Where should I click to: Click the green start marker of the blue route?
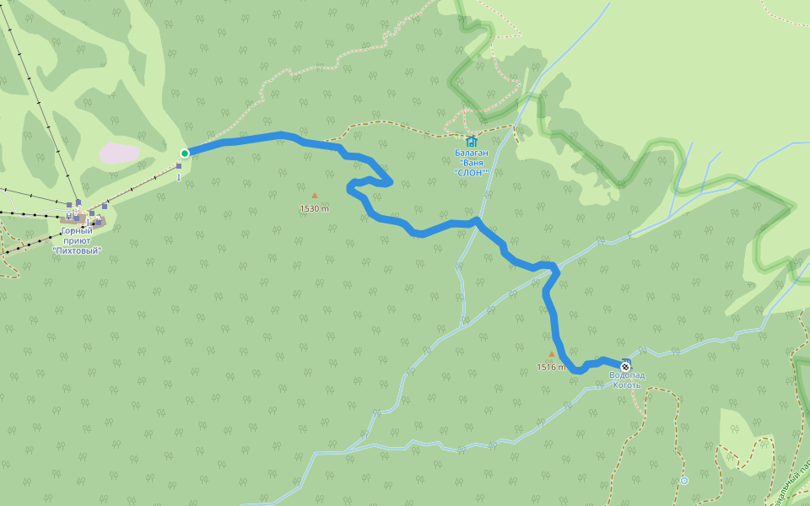184,153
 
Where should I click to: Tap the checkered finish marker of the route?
624,367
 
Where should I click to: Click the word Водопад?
627,375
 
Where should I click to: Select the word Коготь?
627,385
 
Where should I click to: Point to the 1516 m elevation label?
551,367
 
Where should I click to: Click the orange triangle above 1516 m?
552,355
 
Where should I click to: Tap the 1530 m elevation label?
314,208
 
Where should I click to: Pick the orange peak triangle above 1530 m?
315,196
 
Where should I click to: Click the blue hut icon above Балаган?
471,141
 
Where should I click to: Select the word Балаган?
472,153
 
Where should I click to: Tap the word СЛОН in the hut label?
472,172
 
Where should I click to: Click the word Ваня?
472,163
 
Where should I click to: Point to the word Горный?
77,230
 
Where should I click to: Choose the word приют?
77,240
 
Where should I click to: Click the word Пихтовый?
77,250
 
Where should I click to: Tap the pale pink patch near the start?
119,153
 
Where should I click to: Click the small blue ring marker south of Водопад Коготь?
683,481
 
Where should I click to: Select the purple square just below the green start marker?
179,166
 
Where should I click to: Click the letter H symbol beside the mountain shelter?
68,216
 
